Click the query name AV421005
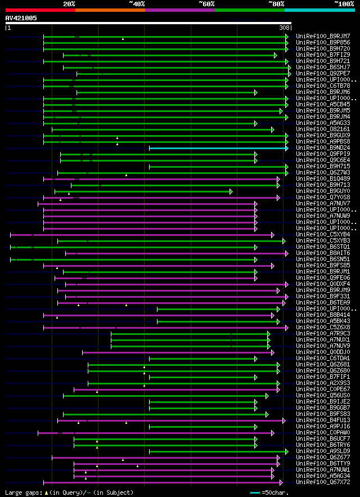[x=21, y=18]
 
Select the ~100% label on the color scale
[x=344, y=4]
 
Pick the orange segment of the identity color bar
[x=110, y=10]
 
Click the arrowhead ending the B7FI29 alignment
[x=276, y=55]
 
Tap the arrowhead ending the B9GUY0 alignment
[x=231, y=191]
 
